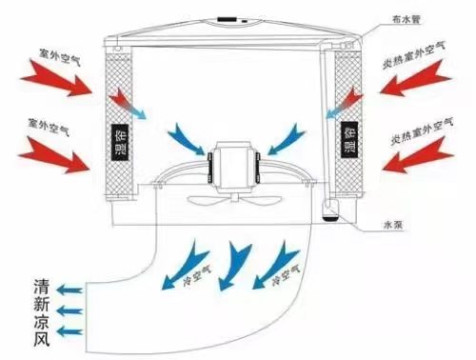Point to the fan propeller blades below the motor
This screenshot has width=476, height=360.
point(221,202)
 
